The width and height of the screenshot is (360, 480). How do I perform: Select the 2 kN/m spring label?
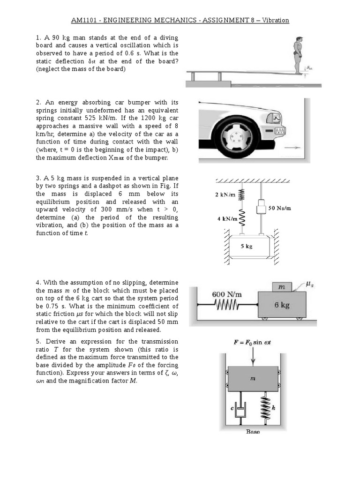tap(225, 195)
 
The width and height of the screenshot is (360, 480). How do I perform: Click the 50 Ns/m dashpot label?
tap(280, 208)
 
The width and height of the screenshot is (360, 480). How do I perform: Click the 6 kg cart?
tap(282, 305)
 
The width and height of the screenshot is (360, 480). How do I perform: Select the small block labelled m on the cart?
tap(282, 286)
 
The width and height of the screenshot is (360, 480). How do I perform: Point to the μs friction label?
tap(309, 284)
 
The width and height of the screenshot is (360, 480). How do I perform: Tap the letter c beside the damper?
tap(232, 408)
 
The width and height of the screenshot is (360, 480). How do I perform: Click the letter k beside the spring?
tap(273, 408)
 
